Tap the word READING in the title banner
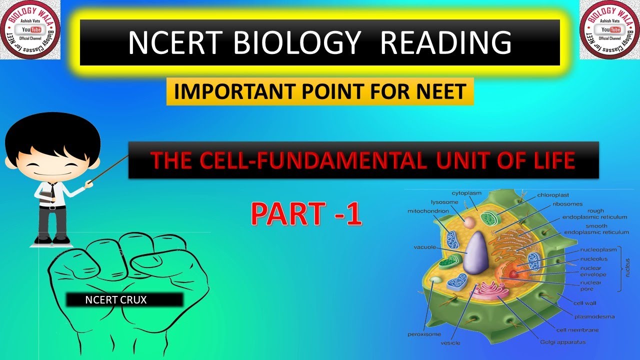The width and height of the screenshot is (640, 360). (x=445, y=42)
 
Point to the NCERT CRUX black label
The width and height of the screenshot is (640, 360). (x=125, y=300)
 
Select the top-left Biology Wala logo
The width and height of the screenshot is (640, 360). (x=30, y=30)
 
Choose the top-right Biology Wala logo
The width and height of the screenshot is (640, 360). (x=609, y=30)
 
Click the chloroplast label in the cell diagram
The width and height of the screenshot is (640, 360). (x=553, y=195)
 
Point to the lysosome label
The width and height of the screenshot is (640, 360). (x=444, y=202)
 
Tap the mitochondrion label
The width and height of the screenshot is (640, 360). (x=428, y=211)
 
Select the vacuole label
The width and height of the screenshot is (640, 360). (x=424, y=247)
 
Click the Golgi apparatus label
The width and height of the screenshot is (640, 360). (x=562, y=342)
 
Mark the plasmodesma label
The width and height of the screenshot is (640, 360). (x=594, y=316)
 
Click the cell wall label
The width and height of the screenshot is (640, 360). (x=585, y=303)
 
